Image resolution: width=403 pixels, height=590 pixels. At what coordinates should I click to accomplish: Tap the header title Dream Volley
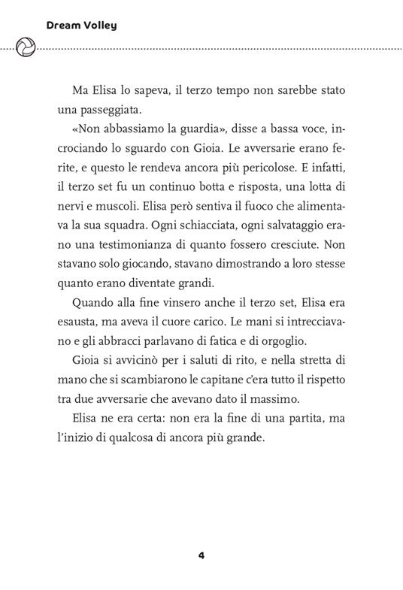click(81, 26)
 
